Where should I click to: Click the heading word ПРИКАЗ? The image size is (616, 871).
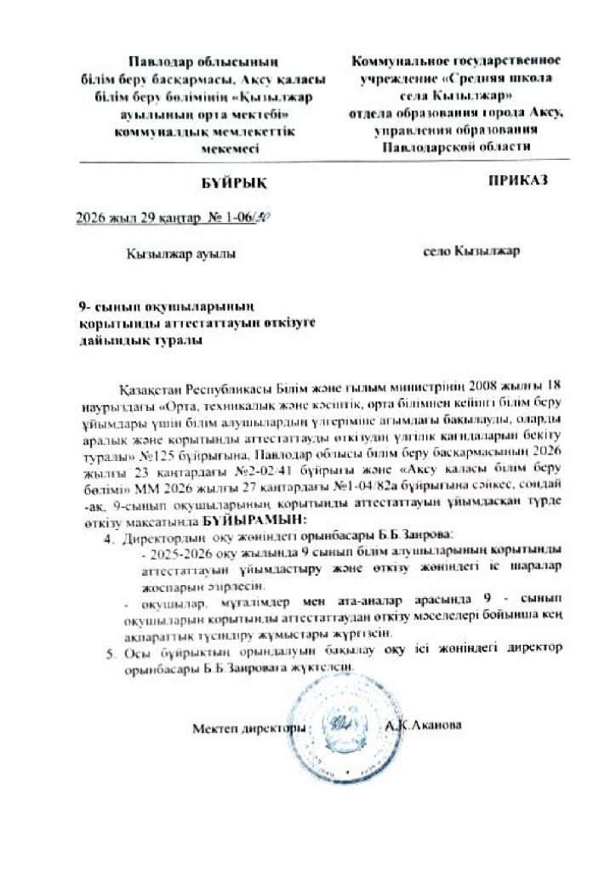514,181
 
